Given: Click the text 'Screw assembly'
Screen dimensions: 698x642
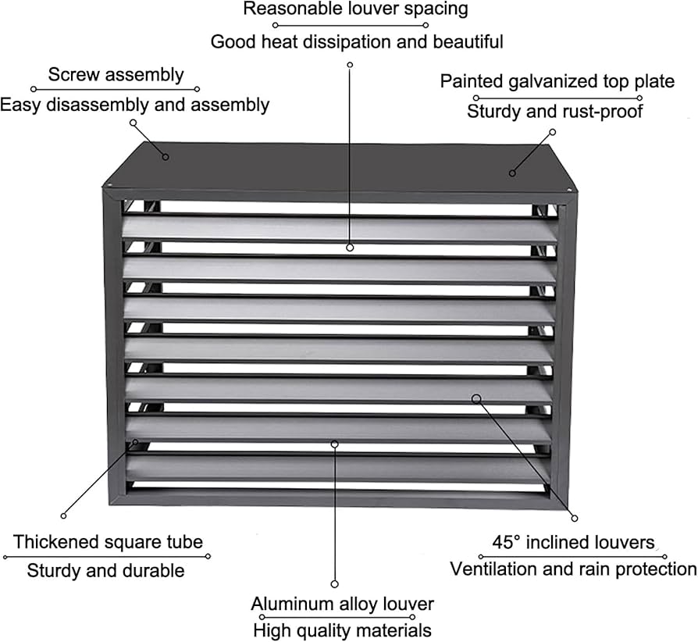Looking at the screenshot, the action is click(x=116, y=75).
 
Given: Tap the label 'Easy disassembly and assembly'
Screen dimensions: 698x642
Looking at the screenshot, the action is click(x=134, y=105).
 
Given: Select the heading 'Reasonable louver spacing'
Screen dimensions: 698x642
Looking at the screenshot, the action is click(x=355, y=9).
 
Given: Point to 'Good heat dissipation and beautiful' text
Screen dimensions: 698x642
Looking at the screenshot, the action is click(x=357, y=42).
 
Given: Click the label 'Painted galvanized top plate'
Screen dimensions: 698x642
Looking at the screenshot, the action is click(x=557, y=81).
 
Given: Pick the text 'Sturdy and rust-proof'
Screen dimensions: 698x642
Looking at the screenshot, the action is click(x=554, y=112).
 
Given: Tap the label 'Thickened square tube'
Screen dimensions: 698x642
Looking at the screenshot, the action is click(x=108, y=542).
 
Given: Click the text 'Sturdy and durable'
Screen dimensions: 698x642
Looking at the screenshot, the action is click(x=105, y=571).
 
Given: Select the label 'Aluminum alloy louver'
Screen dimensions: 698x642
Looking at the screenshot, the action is click(x=342, y=605).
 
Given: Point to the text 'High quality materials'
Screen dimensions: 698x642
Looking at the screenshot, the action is click(x=342, y=631).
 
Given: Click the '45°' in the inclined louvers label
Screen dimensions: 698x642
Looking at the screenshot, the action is click(x=506, y=542).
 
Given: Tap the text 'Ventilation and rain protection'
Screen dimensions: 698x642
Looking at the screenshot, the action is click(x=573, y=569).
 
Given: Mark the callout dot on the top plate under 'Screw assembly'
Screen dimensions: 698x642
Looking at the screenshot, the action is click(x=166, y=157).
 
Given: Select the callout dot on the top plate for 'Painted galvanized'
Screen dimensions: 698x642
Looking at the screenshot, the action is click(x=512, y=173).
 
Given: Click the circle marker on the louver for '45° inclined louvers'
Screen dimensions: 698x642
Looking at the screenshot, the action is click(x=476, y=398).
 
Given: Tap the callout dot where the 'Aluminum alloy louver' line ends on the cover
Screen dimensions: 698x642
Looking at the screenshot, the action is click(x=335, y=444).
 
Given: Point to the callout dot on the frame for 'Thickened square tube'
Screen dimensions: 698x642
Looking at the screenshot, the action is click(x=135, y=442).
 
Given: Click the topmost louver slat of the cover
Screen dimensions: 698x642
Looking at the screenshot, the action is click(x=340, y=229).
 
